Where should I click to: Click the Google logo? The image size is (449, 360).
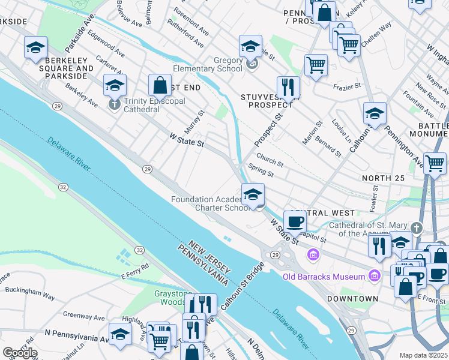pos(20,352)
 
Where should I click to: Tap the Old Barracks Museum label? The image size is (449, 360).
pos(324,277)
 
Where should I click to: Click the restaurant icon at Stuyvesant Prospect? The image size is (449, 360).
pos(288,88)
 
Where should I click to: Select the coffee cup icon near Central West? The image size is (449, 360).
pos(294,221)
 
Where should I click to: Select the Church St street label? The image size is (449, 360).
pos(270,162)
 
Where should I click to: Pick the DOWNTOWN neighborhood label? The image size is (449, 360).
pos(353,298)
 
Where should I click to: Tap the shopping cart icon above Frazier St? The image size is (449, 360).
pos(316,64)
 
